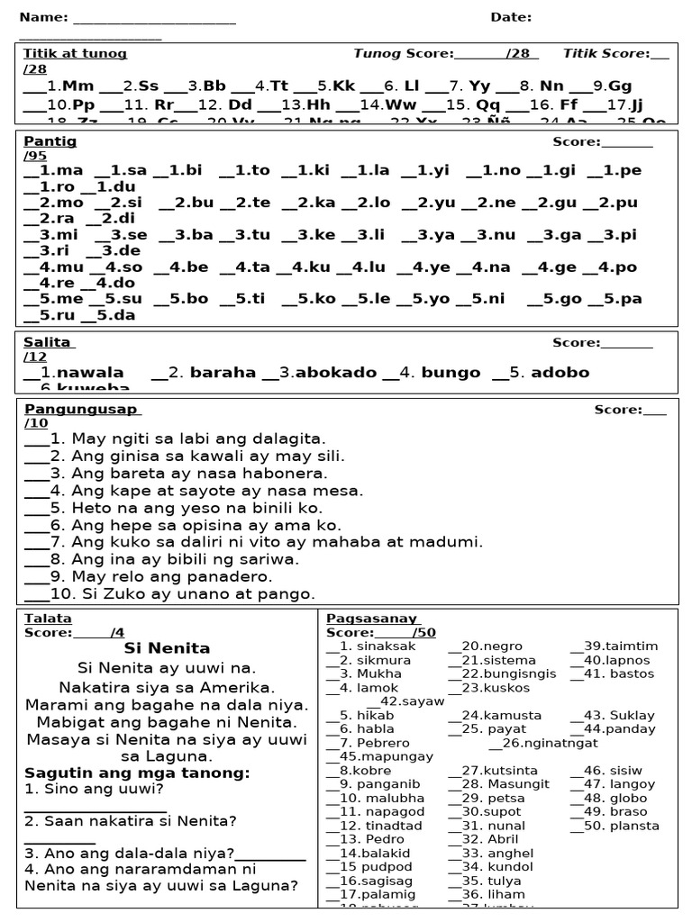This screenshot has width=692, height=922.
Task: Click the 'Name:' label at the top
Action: [x=43, y=17]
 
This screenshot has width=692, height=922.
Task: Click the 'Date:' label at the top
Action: [x=511, y=17]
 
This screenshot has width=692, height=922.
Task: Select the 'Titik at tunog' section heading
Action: [x=75, y=53]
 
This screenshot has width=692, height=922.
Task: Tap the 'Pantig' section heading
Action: [x=50, y=141]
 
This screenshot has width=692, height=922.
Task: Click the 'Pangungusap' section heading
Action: [x=81, y=410]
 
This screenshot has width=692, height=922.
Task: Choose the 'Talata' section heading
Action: [x=48, y=619]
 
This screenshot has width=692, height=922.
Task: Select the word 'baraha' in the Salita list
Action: [x=223, y=372]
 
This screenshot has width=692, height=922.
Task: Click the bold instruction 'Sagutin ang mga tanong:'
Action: [x=137, y=773]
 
